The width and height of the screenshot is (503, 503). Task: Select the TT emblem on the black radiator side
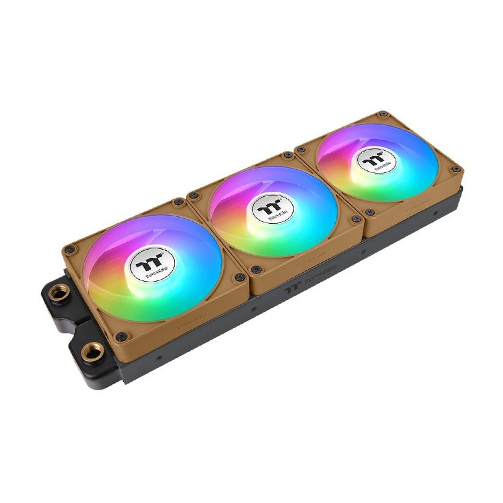tap(290, 288)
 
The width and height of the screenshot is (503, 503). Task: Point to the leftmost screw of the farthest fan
tap(302, 149)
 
